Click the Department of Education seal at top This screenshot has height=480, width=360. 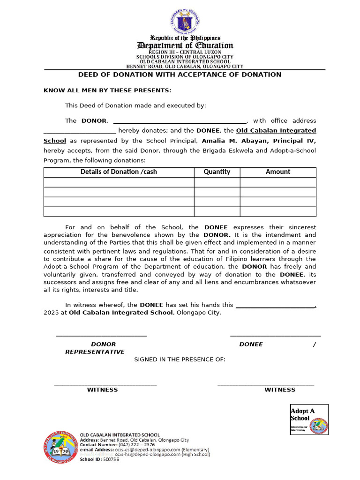click(184, 22)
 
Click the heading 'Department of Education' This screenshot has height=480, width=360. click(185, 45)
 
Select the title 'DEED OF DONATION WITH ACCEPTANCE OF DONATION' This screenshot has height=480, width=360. click(180, 75)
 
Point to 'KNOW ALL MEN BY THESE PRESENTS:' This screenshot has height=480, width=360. click(107, 90)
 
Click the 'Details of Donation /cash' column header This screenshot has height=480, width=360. click(119, 172)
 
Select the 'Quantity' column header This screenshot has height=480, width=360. click(217, 172)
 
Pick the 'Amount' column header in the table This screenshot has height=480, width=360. click(278, 172)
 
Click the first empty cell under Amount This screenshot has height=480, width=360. click(278, 182)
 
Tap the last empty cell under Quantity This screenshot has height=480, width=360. click(217, 212)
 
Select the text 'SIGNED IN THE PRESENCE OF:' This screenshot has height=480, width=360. click(180, 360)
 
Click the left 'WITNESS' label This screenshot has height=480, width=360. click(102, 390)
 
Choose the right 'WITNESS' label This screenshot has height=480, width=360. click(280, 390)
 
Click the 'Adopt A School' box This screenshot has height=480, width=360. click(309, 420)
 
